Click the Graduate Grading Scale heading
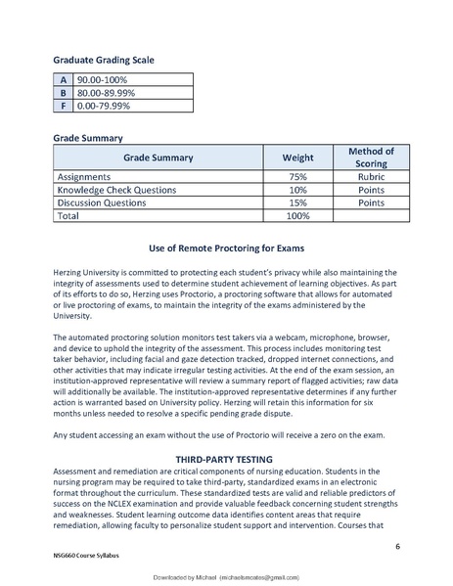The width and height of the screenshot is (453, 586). (103, 60)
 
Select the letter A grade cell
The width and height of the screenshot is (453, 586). (64, 79)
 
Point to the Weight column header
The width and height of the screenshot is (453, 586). (297, 157)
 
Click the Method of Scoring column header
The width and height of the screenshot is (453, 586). (371, 157)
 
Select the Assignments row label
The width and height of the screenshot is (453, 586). (88, 177)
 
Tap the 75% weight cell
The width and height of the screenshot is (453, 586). (297, 177)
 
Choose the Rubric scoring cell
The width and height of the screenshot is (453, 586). (371, 177)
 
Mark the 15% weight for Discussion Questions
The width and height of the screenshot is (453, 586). (297, 203)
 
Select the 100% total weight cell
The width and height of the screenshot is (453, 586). (297, 215)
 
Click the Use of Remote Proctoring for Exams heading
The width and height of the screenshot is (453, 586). (226, 248)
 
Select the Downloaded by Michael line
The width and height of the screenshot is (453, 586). (226, 579)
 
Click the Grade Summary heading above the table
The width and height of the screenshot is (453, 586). (88, 138)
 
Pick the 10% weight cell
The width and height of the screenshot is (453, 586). (297, 190)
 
